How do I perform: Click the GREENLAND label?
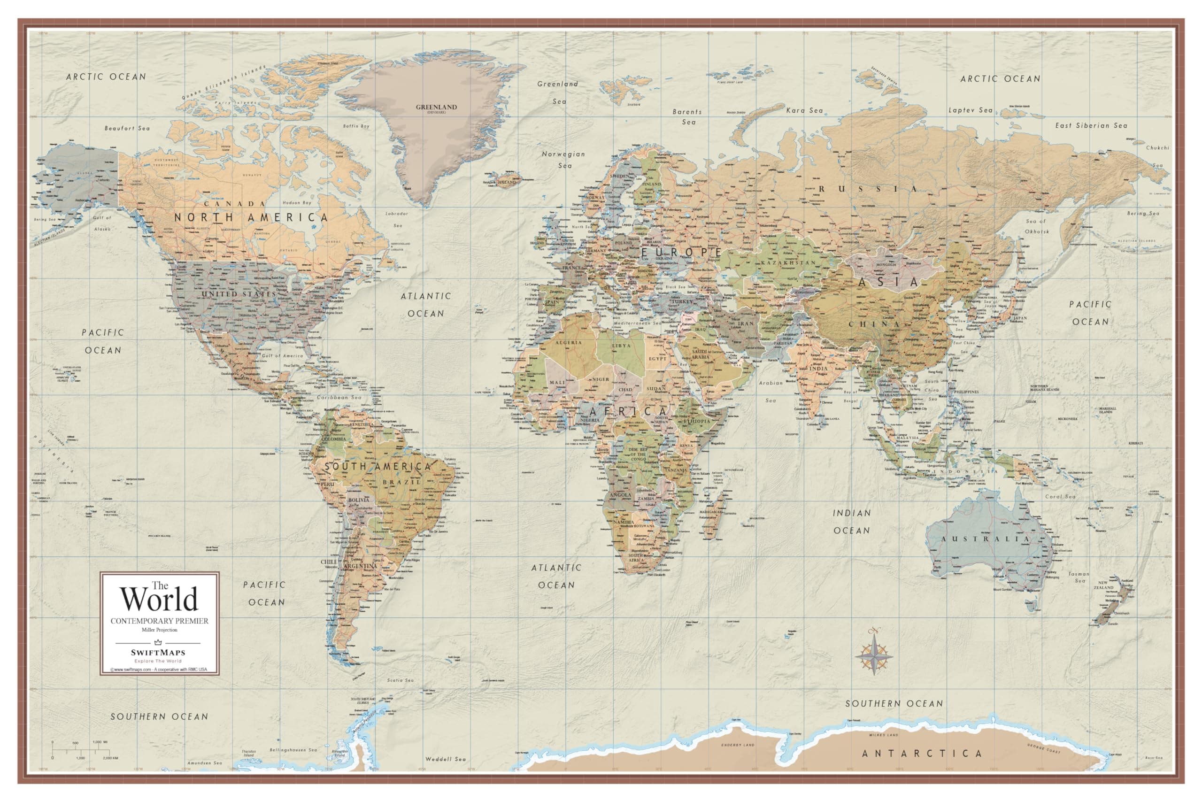pos(436,107)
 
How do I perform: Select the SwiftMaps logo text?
pos(158,653)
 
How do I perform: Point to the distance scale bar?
pos(82,750)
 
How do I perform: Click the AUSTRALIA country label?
pos(986,539)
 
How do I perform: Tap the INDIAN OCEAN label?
pos(851,522)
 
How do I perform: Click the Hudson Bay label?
pos(296,203)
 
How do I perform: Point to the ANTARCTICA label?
pos(922,754)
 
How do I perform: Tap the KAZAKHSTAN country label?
pos(788,262)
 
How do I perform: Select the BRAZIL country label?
pos(401,482)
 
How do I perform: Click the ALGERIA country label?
pos(568,343)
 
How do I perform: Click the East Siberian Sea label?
pos(1091,126)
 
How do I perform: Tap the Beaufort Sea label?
pos(127,128)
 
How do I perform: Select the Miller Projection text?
pos(159,630)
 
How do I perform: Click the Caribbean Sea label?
pos(339,397)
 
